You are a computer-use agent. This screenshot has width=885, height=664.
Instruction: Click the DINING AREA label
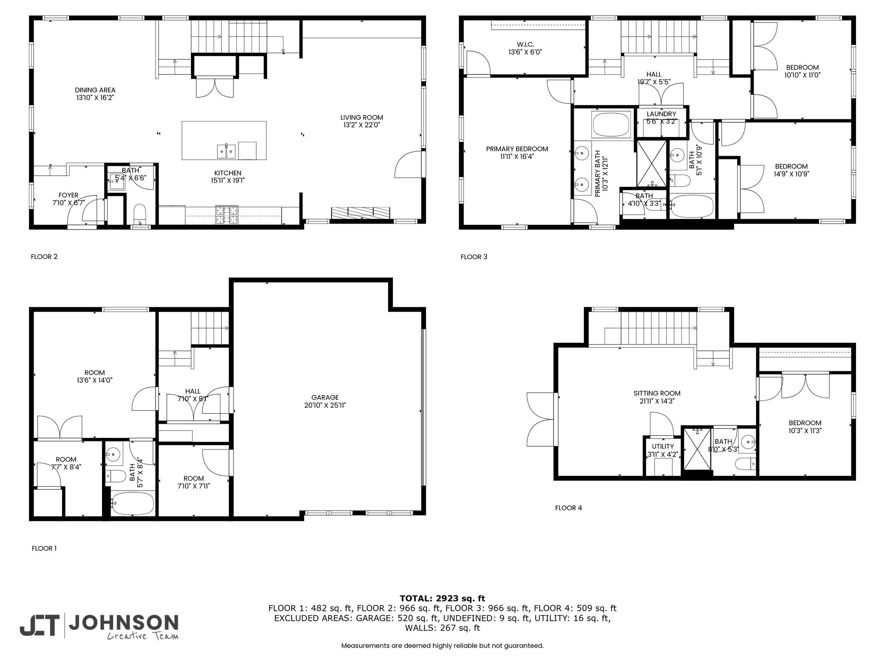point(95,90)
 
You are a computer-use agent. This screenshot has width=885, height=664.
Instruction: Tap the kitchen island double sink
point(226,151)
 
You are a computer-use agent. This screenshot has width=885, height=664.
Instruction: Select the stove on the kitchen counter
point(227,215)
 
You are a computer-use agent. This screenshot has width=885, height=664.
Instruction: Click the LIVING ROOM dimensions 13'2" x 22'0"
point(361,125)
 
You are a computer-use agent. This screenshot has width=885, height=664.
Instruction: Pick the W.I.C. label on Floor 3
point(525,44)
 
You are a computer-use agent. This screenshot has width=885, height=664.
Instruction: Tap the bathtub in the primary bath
point(611,125)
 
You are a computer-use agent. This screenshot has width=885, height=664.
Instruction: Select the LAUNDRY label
point(661,114)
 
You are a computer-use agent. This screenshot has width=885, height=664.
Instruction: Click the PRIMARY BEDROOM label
point(517,149)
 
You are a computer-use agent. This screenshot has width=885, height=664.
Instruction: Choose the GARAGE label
point(325,397)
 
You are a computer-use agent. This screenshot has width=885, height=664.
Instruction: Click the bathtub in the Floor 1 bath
point(132,503)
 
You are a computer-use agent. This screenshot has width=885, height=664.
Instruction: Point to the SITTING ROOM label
point(657,393)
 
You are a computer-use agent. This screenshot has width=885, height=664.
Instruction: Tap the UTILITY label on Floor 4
point(663,447)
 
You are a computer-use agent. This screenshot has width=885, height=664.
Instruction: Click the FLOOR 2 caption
point(44,257)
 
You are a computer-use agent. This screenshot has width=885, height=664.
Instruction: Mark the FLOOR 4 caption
point(568,508)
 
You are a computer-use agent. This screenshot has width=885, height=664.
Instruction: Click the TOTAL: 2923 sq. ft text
point(442,599)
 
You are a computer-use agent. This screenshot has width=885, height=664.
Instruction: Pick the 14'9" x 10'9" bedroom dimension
point(791,174)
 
